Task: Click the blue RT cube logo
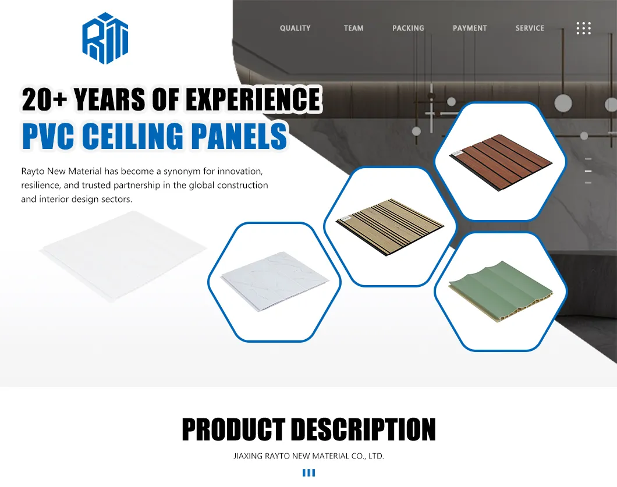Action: [x=105, y=38]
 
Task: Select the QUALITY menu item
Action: [x=295, y=28]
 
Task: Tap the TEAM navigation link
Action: [x=353, y=28]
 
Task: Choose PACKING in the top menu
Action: [x=408, y=28]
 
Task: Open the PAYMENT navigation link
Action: [x=470, y=28]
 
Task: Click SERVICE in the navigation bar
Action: [x=530, y=28]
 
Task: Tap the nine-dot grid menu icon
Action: [x=583, y=28]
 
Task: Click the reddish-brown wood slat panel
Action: [x=500, y=161]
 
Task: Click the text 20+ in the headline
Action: [x=44, y=100]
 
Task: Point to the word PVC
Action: [x=48, y=136]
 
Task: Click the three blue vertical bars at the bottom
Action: [x=308, y=473]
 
